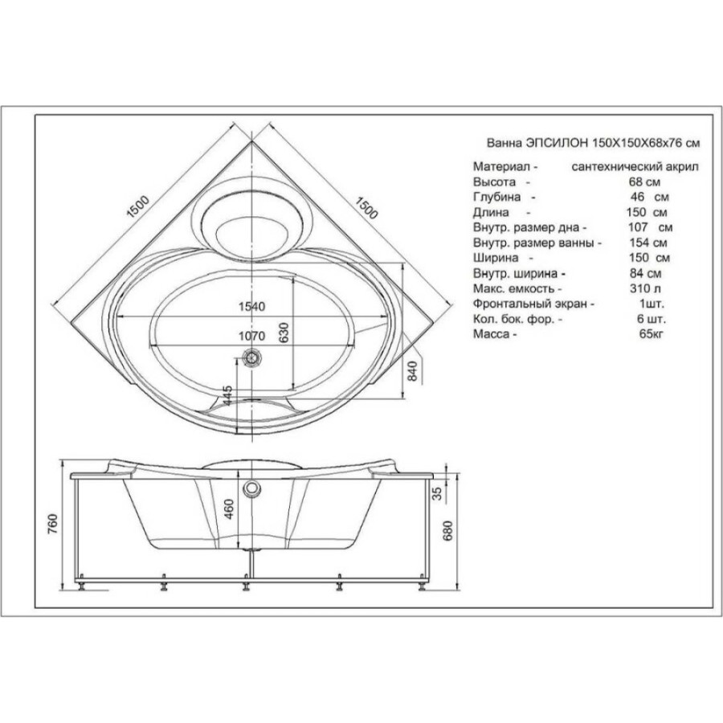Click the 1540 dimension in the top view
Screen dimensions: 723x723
pyautogui.click(x=251, y=307)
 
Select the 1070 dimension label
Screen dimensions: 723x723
pyautogui.click(x=251, y=336)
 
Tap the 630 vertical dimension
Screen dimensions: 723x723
pyautogui.click(x=283, y=333)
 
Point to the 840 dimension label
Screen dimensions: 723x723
pyautogui.click(x=413, y=371)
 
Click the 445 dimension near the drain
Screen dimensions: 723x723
pyautogui.click(x=227, y=395)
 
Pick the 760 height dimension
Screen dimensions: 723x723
pyautogui.click(x=53, y=523)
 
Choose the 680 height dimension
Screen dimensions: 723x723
pyautogui.click(x=447, y=530)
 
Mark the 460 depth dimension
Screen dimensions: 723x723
pyautogui.click(x=229, y=509)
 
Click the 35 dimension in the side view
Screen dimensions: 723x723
pyautogui.click(x=437, y=493)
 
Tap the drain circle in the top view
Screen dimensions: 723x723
pyautogui.click(x=251, y=357)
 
